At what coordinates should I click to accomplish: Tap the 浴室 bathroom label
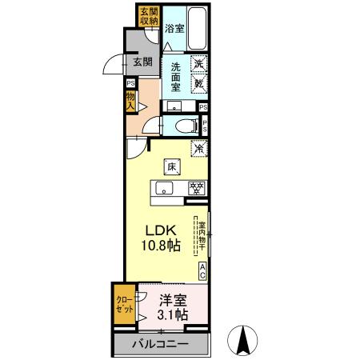tap(174, 28)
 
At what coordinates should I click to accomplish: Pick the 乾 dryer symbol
tap(198, 81)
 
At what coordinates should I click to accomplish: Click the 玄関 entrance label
tap(142, 62)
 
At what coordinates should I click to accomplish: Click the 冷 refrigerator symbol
tap(198, 148)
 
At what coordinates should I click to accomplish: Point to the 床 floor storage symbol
tap(171, 167)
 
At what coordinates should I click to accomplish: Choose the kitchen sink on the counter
tap(164, 189)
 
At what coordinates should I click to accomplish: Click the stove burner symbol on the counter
tap(196, 189)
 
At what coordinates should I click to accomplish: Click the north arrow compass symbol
tap(242, 342)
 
